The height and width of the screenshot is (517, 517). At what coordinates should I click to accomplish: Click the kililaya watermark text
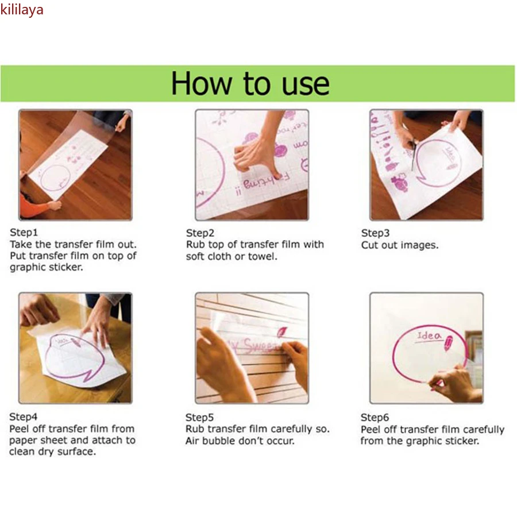coord(22,10)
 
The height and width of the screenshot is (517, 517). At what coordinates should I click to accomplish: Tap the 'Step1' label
coord(24,233)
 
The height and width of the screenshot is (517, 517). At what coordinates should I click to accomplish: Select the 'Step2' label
coord(200,233)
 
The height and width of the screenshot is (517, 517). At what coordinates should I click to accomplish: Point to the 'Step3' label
coord(375,233)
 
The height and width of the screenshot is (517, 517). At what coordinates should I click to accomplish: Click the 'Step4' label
coord(23,417)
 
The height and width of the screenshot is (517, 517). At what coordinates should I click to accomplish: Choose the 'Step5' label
coord(199,418)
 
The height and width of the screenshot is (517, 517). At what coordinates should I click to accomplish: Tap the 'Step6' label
coord(375,418)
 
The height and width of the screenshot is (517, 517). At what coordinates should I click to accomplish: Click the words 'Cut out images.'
coord(400,245)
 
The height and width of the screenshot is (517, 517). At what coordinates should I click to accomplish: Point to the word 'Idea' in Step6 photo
coord(429,336)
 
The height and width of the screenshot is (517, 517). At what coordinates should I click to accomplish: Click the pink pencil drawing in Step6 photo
coord(449,343)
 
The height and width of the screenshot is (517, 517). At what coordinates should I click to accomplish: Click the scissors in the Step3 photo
coord(413,155)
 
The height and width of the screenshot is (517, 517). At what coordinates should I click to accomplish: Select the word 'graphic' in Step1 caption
coord(27,267)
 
